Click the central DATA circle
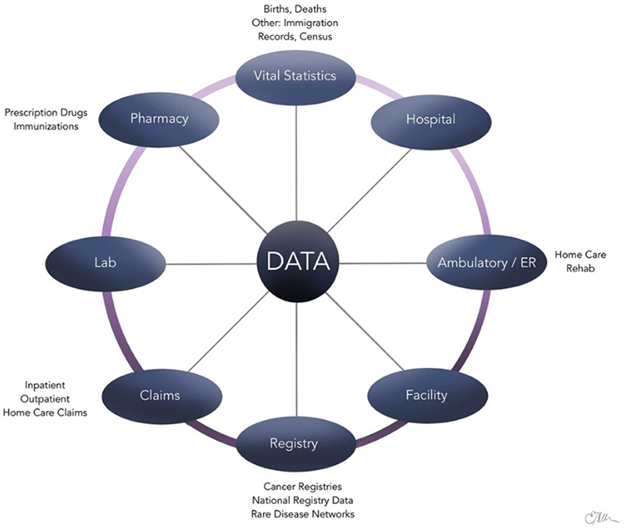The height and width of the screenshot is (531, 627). click(297, 262)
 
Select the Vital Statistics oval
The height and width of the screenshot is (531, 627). click(295, 77)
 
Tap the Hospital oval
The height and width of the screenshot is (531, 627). click(431, 121)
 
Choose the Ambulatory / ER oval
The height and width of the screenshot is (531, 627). click(487, 262)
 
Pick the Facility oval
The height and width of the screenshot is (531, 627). click(427, 395)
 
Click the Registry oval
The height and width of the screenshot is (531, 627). click(295, 444)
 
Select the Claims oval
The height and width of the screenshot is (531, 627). click(162, 396)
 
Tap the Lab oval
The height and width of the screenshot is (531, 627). click(105, 264)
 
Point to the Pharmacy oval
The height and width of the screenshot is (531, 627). click(159, 120)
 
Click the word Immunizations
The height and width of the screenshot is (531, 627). click(46, 127)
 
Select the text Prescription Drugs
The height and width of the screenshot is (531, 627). click(46, 113)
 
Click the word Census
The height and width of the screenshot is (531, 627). click(316, 37)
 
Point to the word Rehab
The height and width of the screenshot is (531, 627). click(580, 268)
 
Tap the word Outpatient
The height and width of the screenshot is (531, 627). click(45, 399)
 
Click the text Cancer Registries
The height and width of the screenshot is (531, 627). click(302, 487)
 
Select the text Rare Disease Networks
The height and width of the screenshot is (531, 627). click(303, 514)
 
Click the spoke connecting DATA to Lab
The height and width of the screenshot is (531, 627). click(211, 264)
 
